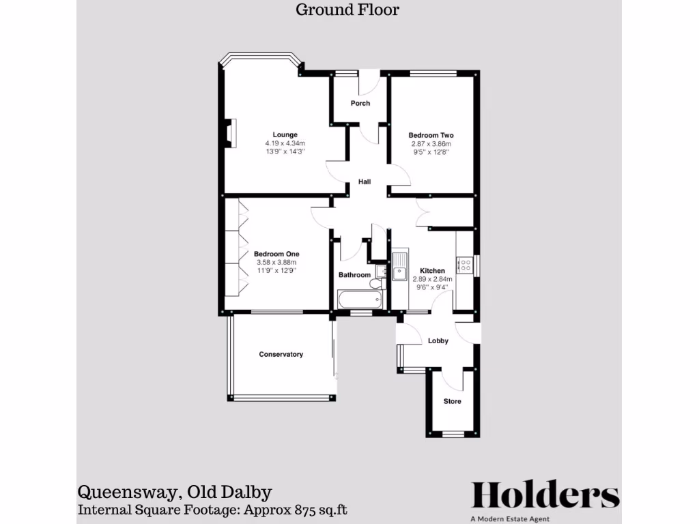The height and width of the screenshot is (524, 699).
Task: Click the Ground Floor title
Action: (x=347, y=10)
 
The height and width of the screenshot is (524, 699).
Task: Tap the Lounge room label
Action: (x=285, y=134)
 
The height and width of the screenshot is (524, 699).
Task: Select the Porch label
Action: (x=360, y=104)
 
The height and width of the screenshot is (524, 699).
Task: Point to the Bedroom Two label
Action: (x=431, y=135)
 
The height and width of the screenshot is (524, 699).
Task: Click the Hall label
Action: (x=365, y=181)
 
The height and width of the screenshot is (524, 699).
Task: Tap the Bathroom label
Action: (x=354, y=275)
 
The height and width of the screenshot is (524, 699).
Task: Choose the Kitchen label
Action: (x=432, y=271)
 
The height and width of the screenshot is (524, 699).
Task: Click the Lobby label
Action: (x=438, y=340)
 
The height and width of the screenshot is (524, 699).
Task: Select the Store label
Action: (x=452, y=401)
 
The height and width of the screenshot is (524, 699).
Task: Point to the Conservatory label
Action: (x=281, y=354)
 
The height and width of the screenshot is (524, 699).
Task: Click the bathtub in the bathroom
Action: (x=360, y=300)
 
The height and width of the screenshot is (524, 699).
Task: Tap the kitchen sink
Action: (x=399, y=267)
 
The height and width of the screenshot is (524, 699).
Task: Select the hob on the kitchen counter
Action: (x=465, y=263)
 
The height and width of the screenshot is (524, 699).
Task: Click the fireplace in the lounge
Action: (x=230, y=133)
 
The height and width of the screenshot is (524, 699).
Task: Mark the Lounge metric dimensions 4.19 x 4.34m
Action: (x=285, y=143)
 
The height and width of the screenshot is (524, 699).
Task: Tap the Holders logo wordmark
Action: (x=545, y=495)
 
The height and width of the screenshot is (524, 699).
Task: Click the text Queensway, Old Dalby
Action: (x=175, y=492)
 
